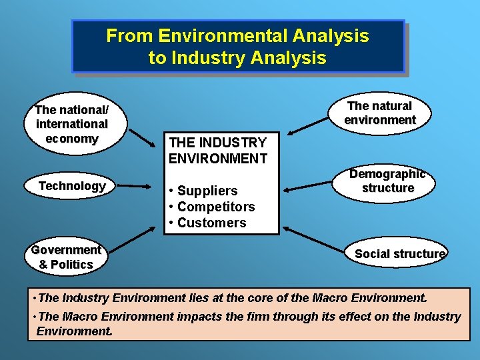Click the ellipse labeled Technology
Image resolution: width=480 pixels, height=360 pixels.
tap(72, 186)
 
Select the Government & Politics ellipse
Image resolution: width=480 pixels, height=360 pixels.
tap(65, 257)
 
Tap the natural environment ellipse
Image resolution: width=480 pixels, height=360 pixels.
tap(380, 113)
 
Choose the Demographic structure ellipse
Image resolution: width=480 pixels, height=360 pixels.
tap(387, 181)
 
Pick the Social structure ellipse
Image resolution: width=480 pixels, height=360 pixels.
tap(399, 253)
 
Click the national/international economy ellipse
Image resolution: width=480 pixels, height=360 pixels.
tap(72, 124)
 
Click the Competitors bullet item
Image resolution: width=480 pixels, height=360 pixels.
tap(213, 207)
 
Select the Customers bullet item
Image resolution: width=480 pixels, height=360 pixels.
tap(209, 223)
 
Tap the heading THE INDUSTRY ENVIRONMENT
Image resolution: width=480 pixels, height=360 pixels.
tap(218, 150)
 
